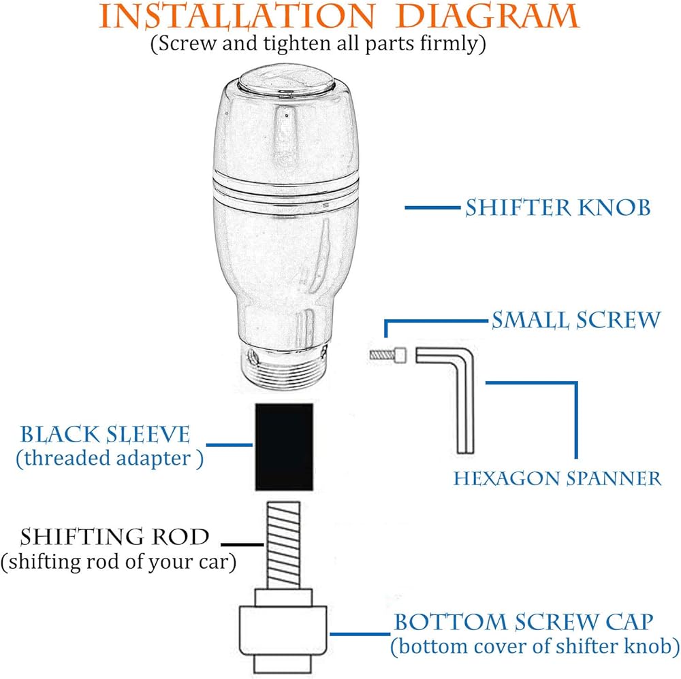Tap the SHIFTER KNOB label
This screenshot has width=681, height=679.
558,208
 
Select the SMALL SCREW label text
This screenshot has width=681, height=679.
575,319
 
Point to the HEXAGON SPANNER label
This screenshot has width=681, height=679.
557,478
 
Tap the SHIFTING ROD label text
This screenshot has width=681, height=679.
114,537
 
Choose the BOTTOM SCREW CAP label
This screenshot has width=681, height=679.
524,622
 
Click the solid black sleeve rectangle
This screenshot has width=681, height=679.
284,446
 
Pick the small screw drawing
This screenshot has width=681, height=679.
388,354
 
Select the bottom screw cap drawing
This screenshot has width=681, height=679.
284,629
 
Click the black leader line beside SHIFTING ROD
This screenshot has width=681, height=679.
242,544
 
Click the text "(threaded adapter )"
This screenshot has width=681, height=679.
109,458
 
